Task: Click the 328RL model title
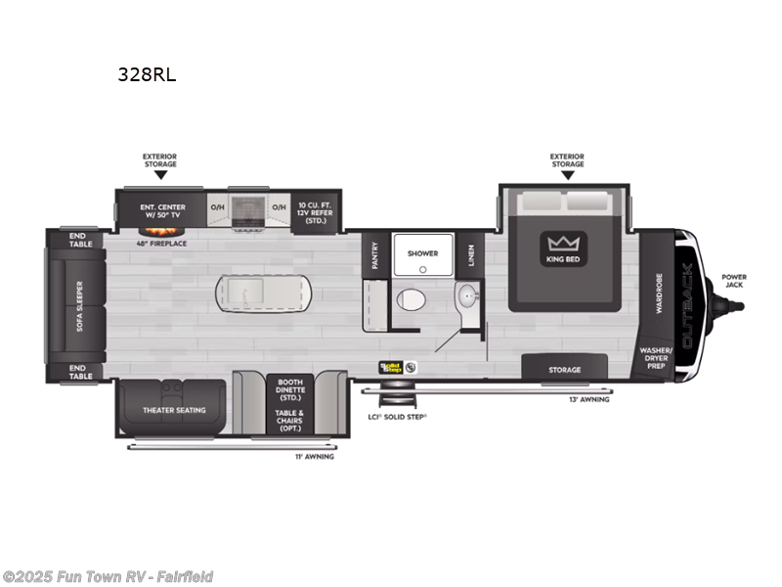[x=147, y=74]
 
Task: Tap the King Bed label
[x=563, y=259]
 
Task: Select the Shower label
[x=422, y=253]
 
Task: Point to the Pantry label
[x=373, y=255]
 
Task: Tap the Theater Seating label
[x=174, y=410]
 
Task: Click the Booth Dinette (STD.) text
[x=290, y=388]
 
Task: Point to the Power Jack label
[x=734, y=281]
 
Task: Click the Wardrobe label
[x=659, y=293]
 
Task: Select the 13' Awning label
[x=588, y=399]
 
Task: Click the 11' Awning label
[x=314, y=456]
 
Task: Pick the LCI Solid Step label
[x=399, y=416]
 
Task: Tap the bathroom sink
[x=465, y=294]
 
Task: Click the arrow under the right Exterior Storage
[x=567, y=175]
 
